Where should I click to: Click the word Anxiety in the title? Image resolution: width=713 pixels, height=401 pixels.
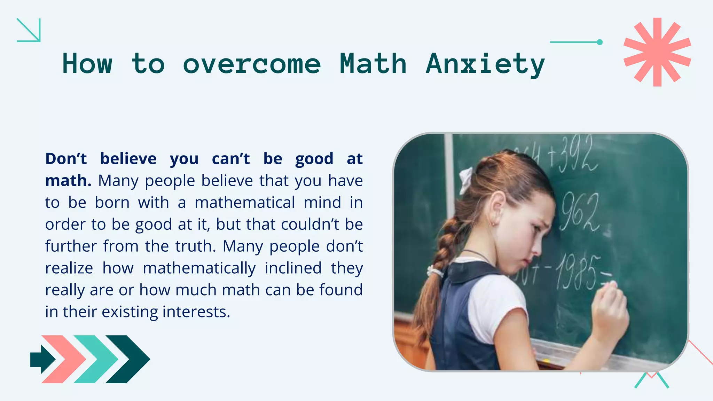pyautogui.click(x=485, y=64)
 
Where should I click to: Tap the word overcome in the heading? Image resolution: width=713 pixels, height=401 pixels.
pyautogui.click(x=251, y=64)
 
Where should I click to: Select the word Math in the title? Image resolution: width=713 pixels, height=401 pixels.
pyautogui.click(x=373, y=64)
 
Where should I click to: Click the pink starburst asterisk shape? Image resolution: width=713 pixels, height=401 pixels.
pyautogui.click(x=657, y=52)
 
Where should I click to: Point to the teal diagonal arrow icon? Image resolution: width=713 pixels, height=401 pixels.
pyautogui.click(x=29, y=30)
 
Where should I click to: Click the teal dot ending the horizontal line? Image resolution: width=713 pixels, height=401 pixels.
pyautogui.click(x=600, y=42)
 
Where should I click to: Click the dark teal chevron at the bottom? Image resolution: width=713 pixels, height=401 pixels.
pyautogui.click(x=128, y=359)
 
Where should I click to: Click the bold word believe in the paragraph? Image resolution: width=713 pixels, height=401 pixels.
pyautogui.click(x=128, y=159)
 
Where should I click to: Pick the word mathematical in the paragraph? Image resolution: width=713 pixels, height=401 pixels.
pyautogui.click(x=245, y=203)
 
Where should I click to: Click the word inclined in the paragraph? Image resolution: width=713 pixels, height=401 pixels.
pyautogui.click(x=293, y=268)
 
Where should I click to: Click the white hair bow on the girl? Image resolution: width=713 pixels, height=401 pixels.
pyautogui.click(x=466, y=180)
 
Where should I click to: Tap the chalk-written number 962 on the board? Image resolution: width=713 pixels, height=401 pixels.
pyautogui.click(x=580, y=213)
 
